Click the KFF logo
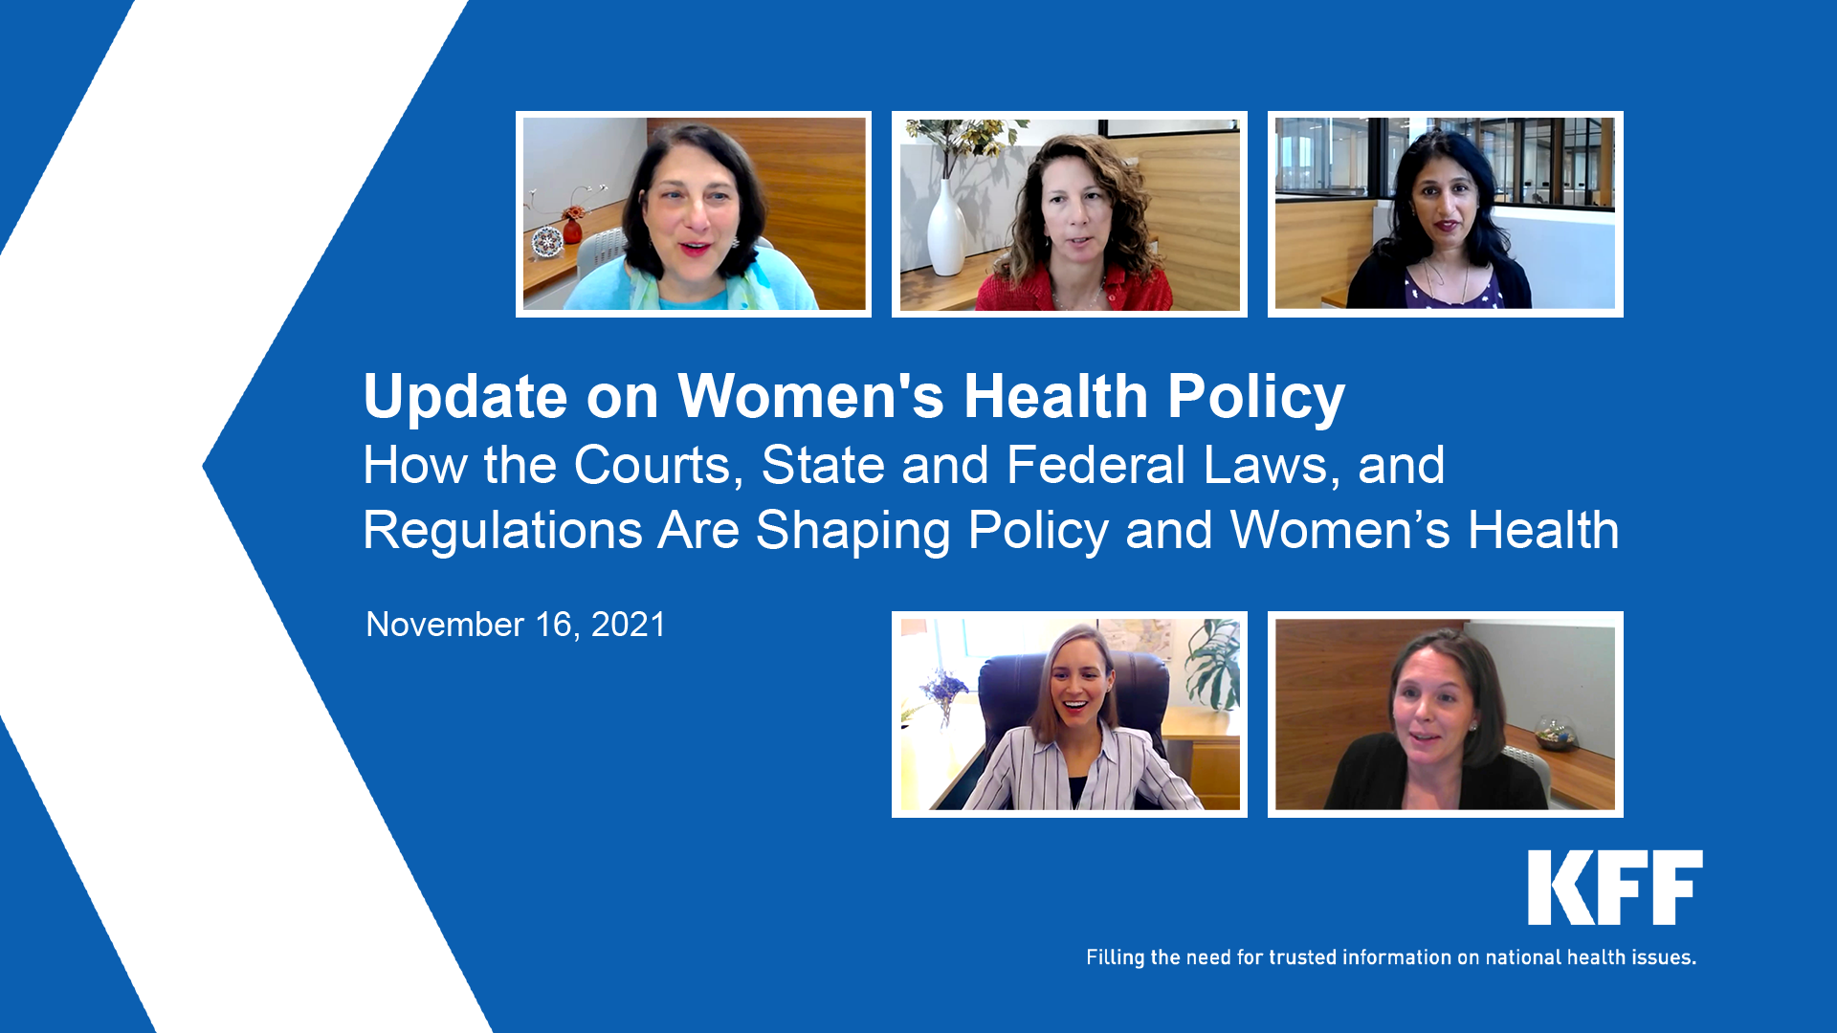(1615, 888)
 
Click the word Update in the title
(465, 397)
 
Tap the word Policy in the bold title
(1255, 397)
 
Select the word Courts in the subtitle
(657, 466)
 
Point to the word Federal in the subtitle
(1096, 466)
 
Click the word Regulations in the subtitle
(502, 531)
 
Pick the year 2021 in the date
(628, 625)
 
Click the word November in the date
(445, 625)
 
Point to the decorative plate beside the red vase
(546, 241)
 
